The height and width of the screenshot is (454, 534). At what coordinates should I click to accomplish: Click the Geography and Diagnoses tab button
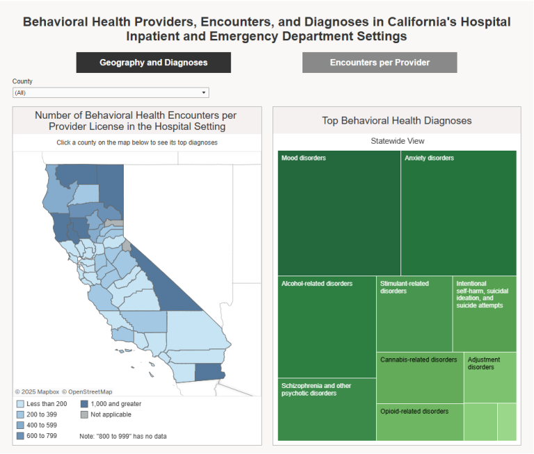click(x=153, y=62)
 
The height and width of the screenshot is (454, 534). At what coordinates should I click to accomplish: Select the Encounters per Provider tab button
click(x=380, y=62)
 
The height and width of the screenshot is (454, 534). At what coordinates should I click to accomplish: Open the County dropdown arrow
click(x=204, y=92)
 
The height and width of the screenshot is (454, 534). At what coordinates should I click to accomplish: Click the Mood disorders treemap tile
click(x=339, y=213)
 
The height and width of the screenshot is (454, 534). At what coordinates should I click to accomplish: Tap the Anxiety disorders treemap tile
click(x=459, y=213)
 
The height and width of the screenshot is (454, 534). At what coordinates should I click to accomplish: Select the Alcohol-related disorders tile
click(x=327, y=326)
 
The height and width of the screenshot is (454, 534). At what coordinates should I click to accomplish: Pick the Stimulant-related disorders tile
click(x=414, y=314)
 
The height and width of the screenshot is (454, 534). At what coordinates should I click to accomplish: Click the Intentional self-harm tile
click(x=485, y=314)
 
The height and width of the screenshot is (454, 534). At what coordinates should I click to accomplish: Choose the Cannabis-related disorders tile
click(x=420, y=378)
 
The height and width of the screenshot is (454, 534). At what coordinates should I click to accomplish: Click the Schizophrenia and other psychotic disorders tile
click(x=327, y=410)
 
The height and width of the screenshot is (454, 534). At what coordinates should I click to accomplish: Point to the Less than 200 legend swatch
click(x=20, y=404)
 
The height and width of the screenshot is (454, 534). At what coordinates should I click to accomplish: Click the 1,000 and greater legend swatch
click(x=84, y=404)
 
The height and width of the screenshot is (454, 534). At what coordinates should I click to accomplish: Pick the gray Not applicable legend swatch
click(x=84, y=414)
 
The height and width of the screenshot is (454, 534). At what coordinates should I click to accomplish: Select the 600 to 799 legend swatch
click(x=20, y=436)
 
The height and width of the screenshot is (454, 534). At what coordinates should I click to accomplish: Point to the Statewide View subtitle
click(x=397, y=141)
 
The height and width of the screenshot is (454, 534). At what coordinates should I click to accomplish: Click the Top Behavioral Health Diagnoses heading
click(x=397, y=121)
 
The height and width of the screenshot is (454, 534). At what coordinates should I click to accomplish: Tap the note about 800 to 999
click(x=123, y=436)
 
